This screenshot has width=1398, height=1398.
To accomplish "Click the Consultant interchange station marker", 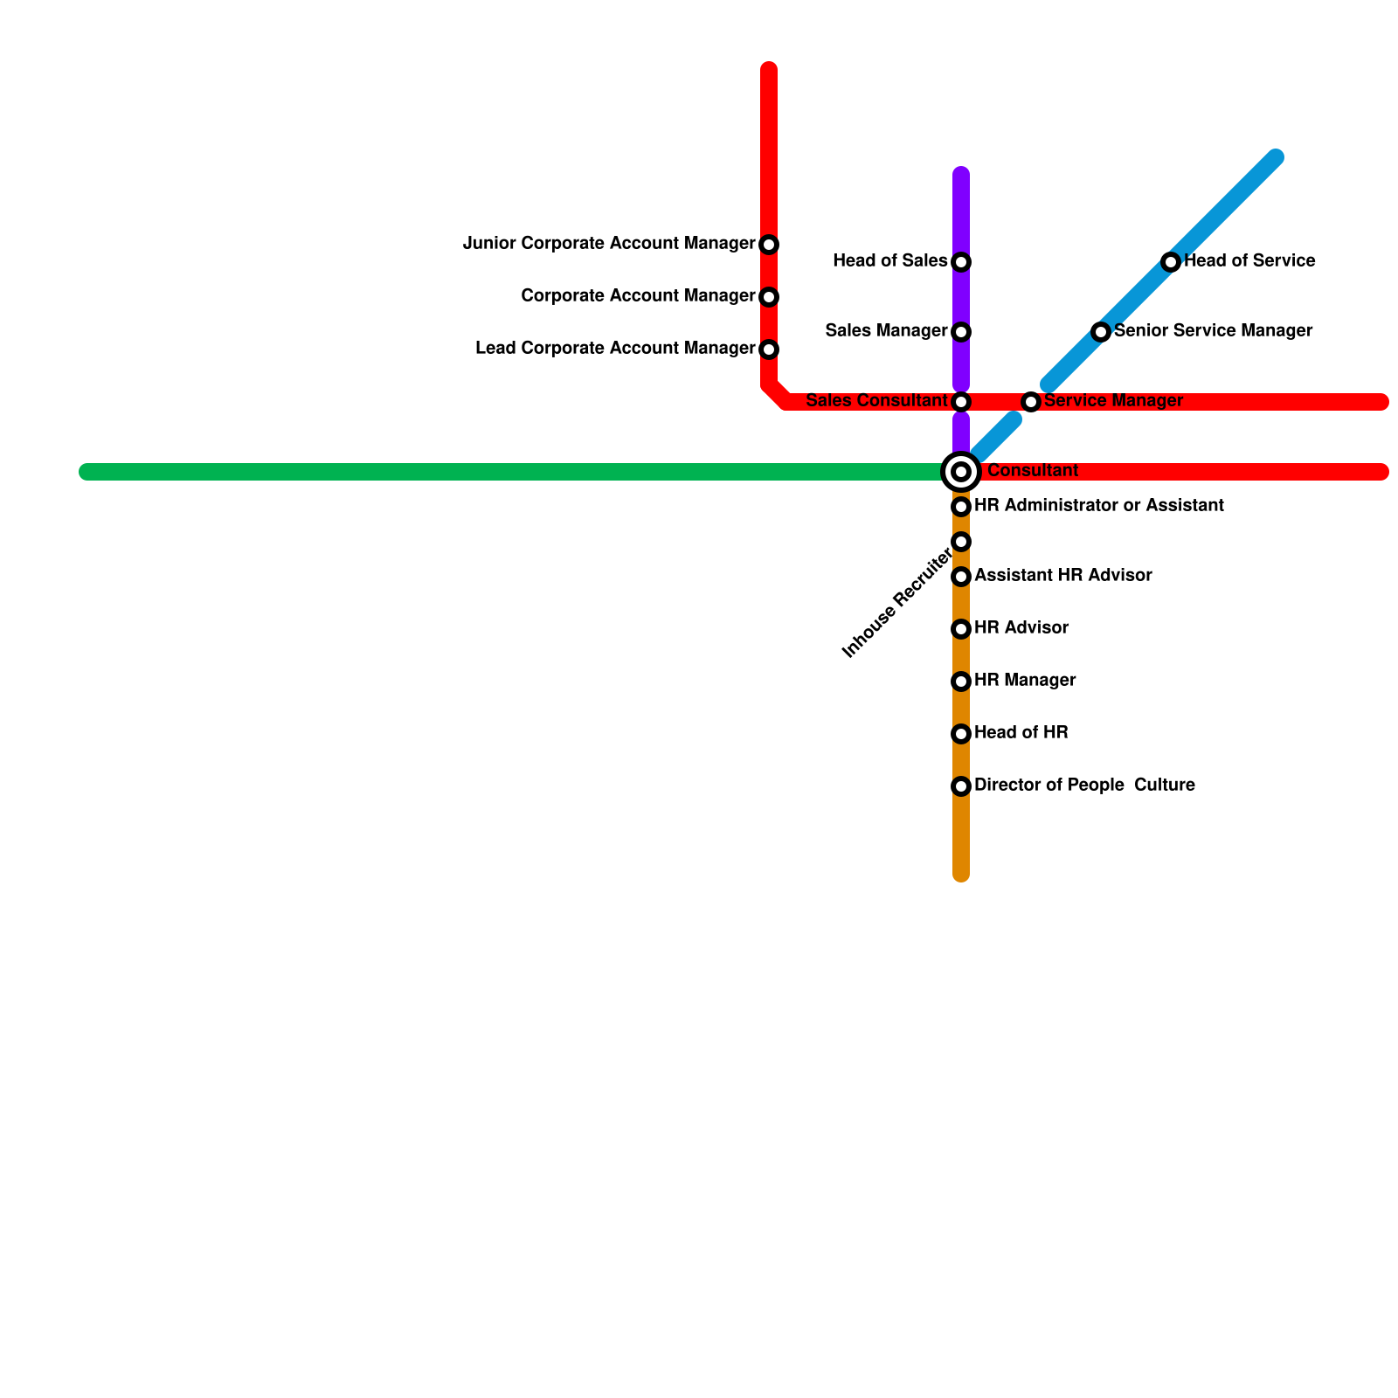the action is tap(961, 472).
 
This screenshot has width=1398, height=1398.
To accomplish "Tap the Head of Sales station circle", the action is tap(961, 262).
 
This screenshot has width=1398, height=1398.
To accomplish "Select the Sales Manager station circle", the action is tap(961, 332).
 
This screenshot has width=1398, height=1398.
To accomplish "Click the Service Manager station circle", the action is tap(1031, 402).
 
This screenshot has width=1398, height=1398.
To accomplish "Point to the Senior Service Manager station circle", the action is tap(1101, 332).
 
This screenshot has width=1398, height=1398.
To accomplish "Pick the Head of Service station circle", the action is tap(1171, 262).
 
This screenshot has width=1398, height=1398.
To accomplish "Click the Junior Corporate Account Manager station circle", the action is tap(769, 245).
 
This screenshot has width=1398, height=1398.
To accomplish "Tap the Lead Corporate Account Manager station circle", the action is tap(769, 349).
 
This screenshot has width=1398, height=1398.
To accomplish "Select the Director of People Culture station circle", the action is tap(961, 786).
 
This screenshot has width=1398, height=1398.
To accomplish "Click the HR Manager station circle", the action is tap(961, 682).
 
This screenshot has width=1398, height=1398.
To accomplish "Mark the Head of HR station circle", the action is tap(961, 734).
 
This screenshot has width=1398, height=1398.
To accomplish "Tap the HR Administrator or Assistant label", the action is tap(1098, 506).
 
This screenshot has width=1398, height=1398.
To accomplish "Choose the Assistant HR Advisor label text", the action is tap(1062, 576).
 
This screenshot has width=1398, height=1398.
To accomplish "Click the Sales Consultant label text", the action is tap(876, 401).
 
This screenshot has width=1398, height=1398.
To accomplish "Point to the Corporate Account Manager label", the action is tap(638, 296).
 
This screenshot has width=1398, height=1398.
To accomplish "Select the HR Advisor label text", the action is tap(1021, 628).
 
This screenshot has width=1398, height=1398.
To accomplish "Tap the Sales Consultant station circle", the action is tap(961, 402).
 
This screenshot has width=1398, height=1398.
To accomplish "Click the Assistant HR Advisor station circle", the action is tap(961, 577).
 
